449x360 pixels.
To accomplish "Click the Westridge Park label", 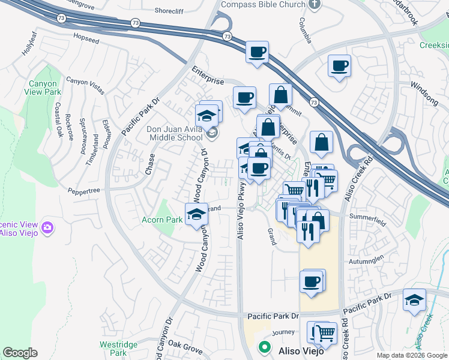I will (119, 349).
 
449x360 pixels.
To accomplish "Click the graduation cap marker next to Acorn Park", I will (196, 214).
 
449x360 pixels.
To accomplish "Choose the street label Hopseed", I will (86, 36).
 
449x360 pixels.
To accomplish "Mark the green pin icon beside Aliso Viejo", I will (264, 347).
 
